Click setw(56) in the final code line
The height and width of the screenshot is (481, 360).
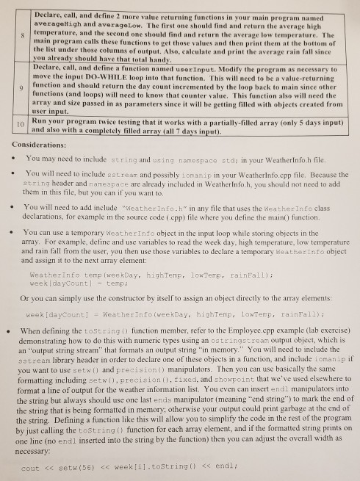click(71, 466)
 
